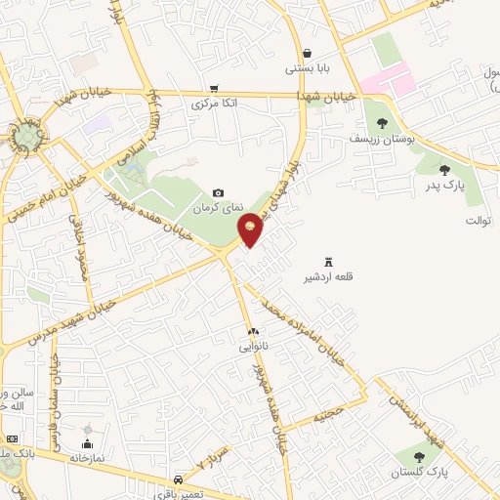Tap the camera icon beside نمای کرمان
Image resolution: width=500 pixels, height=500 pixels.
tap(218, 193)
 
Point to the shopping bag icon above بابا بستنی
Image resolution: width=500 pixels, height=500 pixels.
tap(308, 54)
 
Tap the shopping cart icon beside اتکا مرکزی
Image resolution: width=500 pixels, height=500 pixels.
tap(214, 88)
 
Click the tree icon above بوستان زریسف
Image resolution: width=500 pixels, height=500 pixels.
tap(381, 123)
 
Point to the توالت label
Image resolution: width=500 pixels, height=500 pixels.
tap(476, 221)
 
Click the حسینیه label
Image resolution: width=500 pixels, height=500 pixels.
tap(328, 414)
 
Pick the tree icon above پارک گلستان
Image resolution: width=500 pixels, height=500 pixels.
tap(420, 456)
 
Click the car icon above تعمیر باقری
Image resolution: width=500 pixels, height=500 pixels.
tap(178, 479)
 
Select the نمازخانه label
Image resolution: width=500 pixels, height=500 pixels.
tap(86, 457)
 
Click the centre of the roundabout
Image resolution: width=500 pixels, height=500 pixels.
tap(28, 137)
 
